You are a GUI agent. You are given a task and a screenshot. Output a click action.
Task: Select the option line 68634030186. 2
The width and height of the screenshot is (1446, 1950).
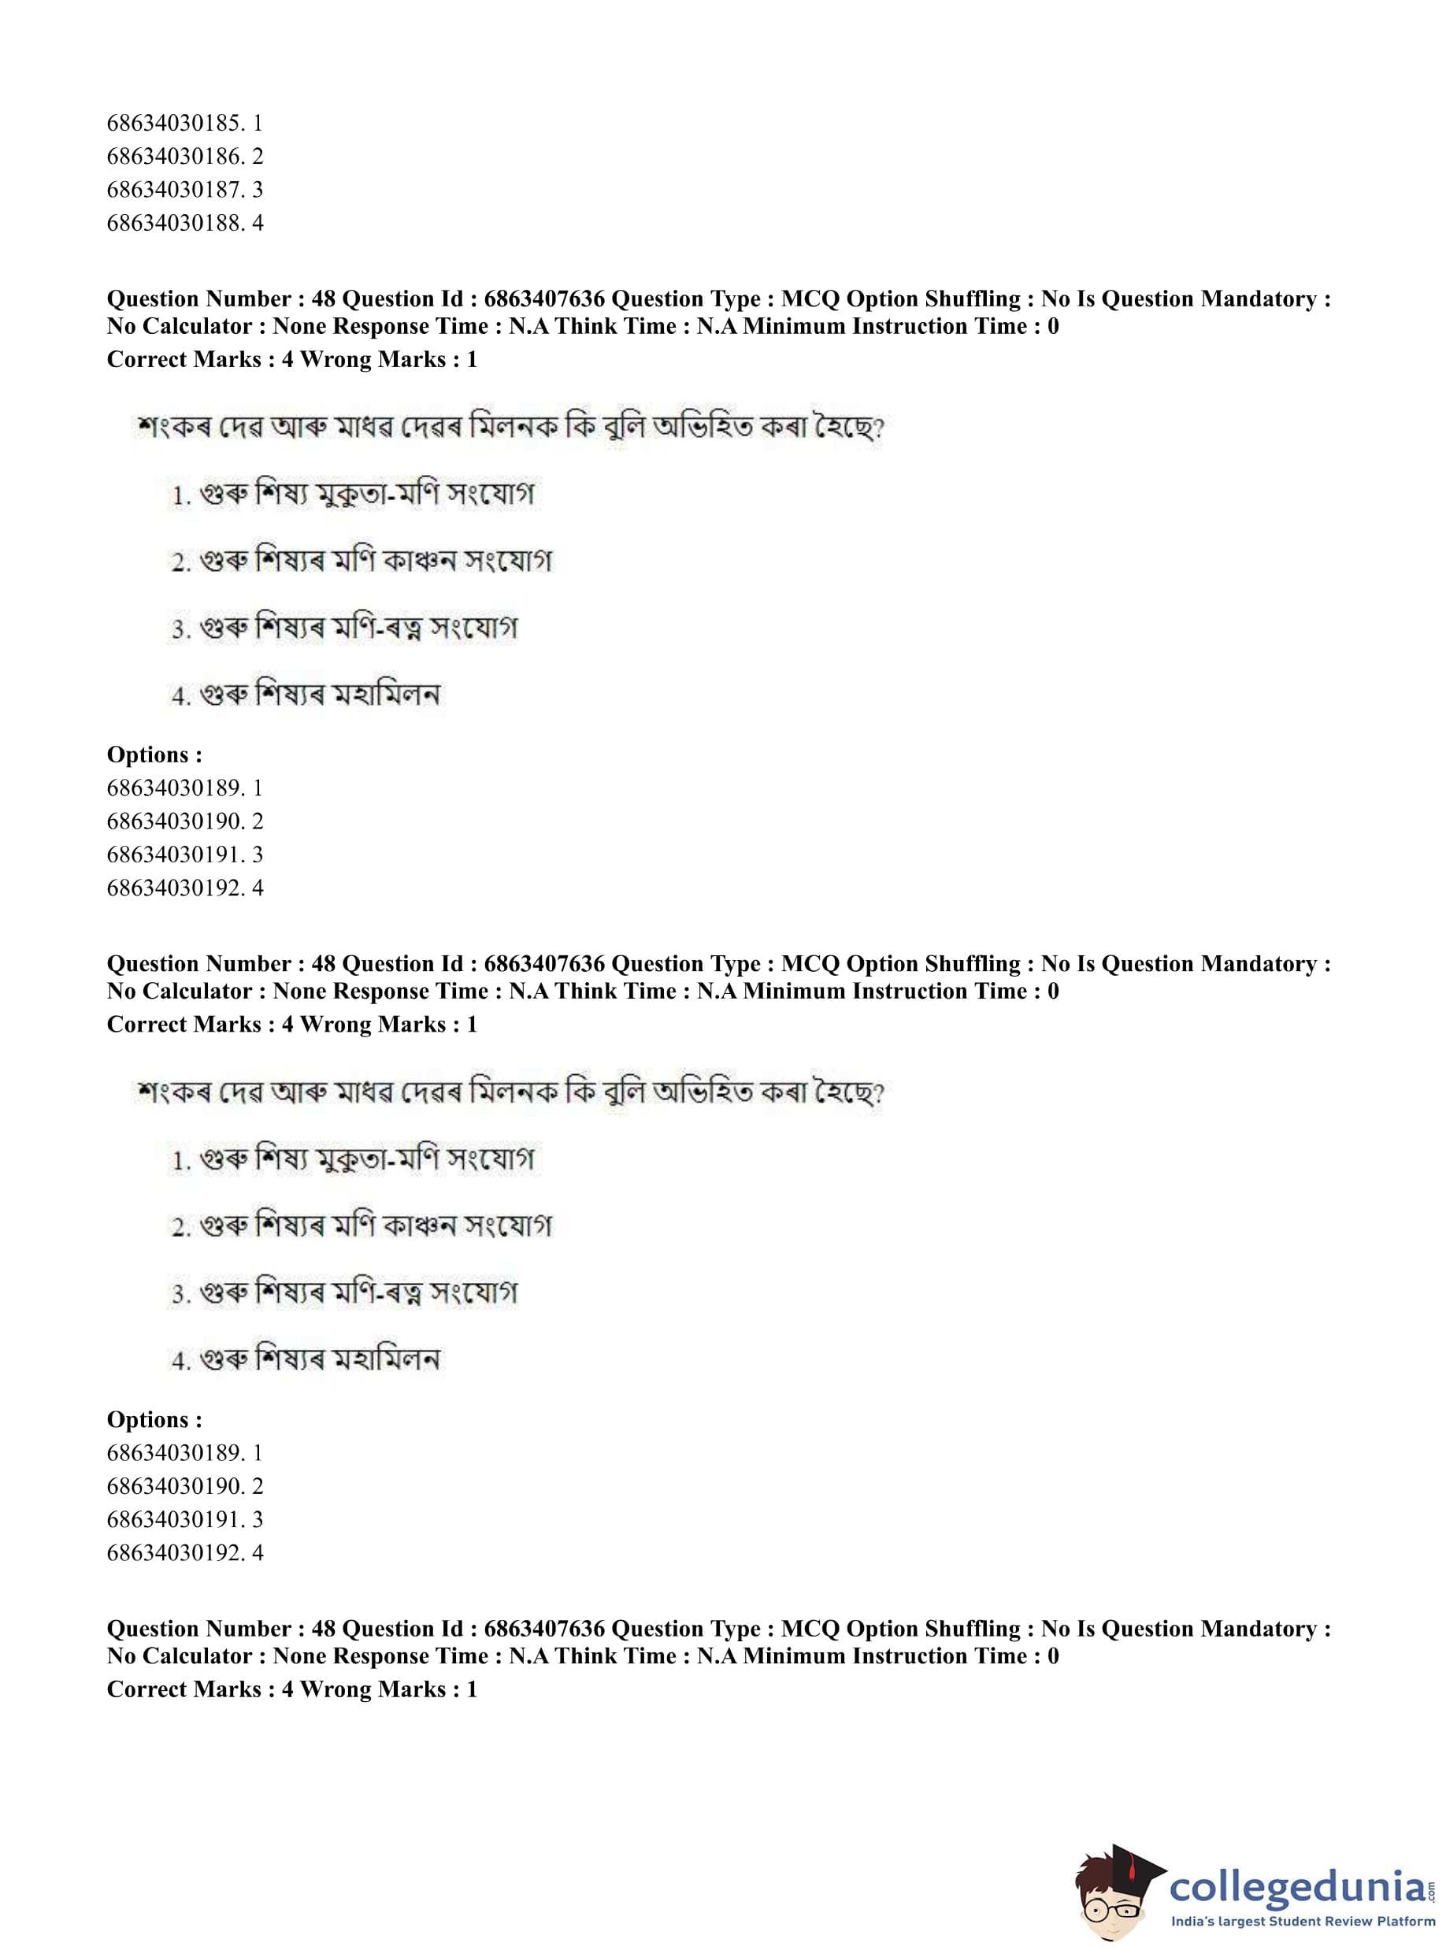(x=185, y=157)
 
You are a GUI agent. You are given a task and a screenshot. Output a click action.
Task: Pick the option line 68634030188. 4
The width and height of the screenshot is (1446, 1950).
(x=185, y=223)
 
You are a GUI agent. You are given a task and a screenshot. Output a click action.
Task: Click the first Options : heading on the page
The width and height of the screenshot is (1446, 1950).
(x=154, y=754)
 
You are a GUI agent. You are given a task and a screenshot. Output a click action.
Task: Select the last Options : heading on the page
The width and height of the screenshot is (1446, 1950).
(x=154, y=1420)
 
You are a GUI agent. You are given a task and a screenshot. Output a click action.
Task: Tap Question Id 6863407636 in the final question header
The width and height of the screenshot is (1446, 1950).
(x=543, y=1629)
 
